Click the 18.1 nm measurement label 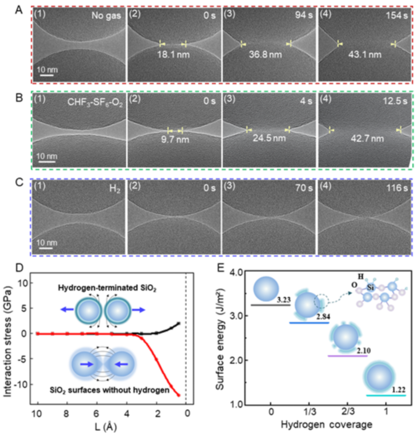click(173, 55)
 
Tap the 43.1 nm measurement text click(365, 55)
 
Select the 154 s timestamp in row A click(397, 15)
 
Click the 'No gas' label click(106, 15)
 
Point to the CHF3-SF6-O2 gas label click(95, 102)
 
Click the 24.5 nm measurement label click(269, 138)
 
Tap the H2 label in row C click(115, 188)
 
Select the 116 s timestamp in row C click(397, 188)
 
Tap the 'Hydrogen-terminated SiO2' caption click(107, 288)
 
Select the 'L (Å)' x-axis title click(105, 427)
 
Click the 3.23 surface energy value click(284, 300)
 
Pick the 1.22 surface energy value click(398, 390)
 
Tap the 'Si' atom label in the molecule click(370, 288)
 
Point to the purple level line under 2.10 click(347, 356)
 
